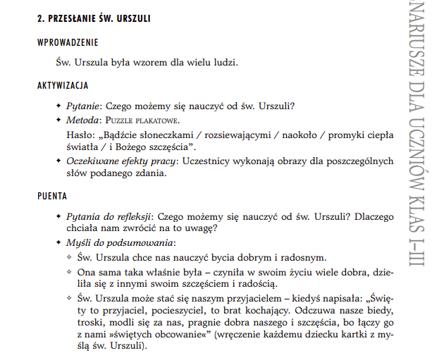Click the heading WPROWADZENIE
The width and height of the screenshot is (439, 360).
point(68,43)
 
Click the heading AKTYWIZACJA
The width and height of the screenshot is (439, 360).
point(62,85)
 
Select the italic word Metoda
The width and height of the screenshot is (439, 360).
point(84,120)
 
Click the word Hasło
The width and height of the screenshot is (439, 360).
point(78,134)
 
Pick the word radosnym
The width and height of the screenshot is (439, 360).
point(303,257)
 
